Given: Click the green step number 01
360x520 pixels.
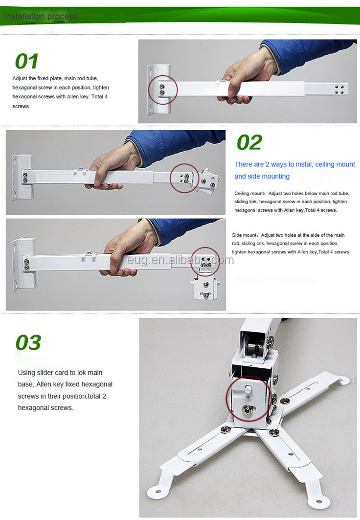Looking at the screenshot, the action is pyautogui.click(x=26, y=61).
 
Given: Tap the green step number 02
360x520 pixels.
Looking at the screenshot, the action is pyautogui.click(x=249, y=142).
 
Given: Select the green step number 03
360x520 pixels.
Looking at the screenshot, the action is pyautogui.click(x=28, y=342).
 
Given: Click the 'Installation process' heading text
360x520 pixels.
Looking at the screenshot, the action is pyautogui.click(x=41, y=16).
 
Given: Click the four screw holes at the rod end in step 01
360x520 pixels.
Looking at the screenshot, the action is pyautogui.click(x=339, y=90).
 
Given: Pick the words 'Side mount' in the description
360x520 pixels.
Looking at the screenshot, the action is pyautogui.click(x=245, y=235).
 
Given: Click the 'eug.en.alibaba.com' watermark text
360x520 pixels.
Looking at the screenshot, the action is pyautogui.click(x=180, y=260).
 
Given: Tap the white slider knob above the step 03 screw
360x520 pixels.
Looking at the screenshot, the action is pyautogui.click(x=248, y=390).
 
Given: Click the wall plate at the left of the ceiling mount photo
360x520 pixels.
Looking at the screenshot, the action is pyautogui.click(x=22, y=178).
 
